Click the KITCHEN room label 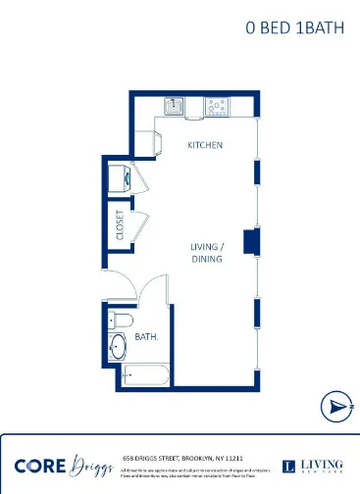tap(206, 145)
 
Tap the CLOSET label tap(120, 224)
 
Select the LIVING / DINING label tap(207, 253)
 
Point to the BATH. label tap(147, 336)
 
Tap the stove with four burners tap(217, 105)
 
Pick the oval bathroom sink tap(117, 347)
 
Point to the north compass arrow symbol tap(336, 405)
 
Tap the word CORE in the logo tap(40, 466)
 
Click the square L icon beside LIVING tap(288, 467)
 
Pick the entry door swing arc tap(122, 284)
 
